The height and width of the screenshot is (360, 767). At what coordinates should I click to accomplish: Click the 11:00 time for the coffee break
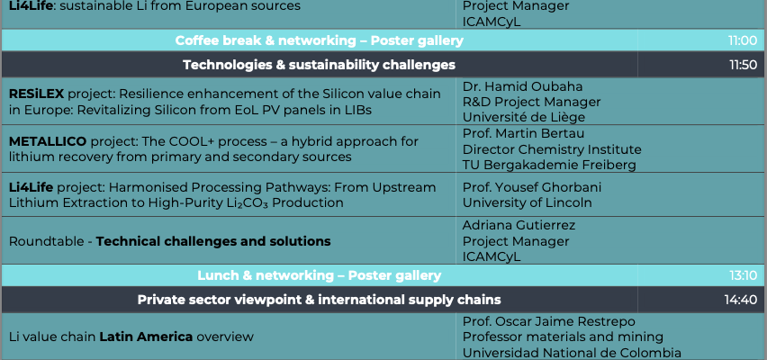742,40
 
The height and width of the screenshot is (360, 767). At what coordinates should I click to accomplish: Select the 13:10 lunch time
743,275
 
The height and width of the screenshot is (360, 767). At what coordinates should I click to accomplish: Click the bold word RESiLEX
36,94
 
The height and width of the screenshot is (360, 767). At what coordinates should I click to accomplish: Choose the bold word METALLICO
48,142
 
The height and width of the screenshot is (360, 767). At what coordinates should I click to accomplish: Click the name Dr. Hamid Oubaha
522,86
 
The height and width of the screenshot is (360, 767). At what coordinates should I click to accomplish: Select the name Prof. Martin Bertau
523,133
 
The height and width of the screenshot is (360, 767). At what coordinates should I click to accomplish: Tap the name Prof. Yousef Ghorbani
532,187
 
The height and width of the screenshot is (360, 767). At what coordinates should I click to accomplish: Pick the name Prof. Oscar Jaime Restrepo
549,321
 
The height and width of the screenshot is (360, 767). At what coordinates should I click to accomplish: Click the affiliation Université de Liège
524,117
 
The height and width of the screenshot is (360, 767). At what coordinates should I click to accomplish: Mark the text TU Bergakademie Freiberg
549,165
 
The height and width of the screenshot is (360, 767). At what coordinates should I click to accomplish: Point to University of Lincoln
528,202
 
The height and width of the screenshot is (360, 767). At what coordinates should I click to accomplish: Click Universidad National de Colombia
572,352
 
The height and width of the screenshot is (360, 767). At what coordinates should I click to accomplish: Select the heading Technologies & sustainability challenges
319,65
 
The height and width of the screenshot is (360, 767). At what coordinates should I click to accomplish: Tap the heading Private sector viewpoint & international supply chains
319,300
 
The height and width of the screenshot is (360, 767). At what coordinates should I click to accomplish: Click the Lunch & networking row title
319,275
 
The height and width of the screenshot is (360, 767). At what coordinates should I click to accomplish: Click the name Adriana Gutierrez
519,225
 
